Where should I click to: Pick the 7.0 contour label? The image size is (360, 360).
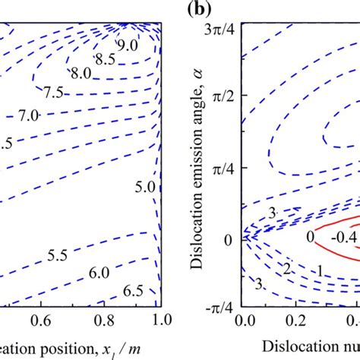(x=27, y=116)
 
